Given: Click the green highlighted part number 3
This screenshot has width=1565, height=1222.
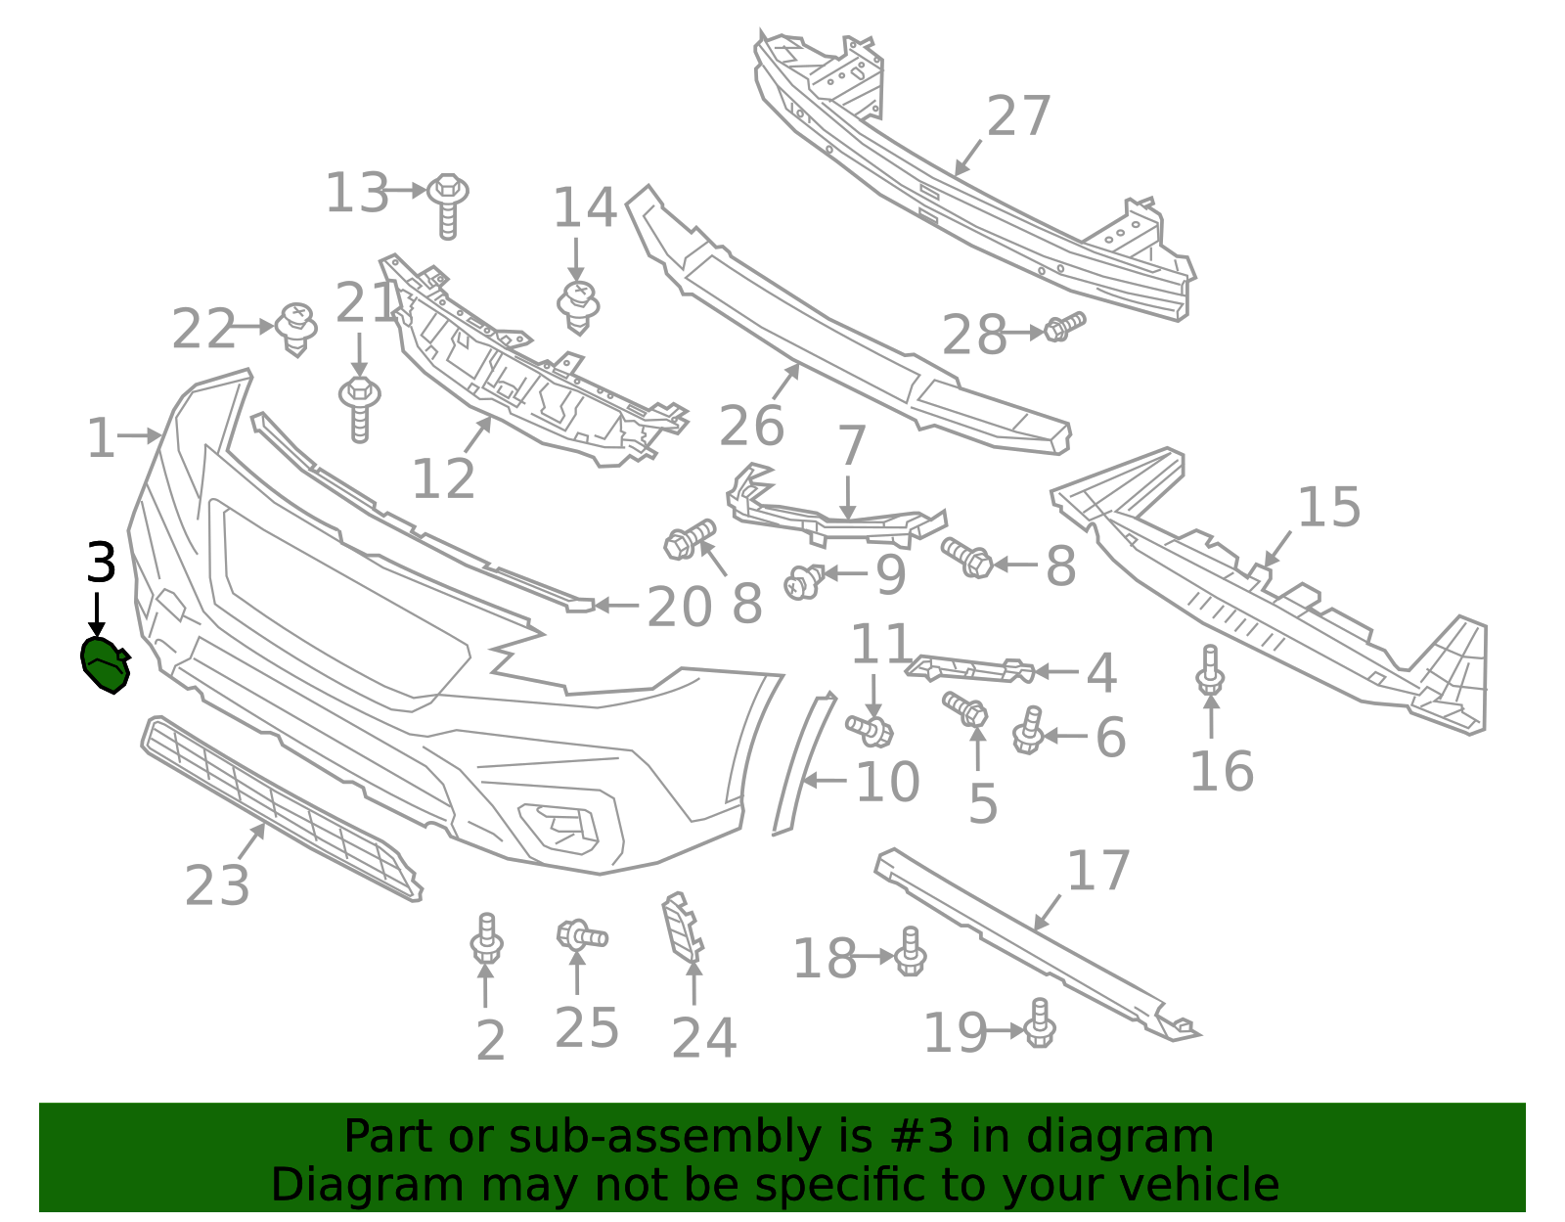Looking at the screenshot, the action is (x=106, y=665).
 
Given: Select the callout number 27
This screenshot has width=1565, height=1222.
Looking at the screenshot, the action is (x=1018, y=116).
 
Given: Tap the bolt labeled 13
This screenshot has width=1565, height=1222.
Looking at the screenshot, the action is (x=447, y=205).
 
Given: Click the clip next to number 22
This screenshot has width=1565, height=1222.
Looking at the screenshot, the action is (x=296, y=330).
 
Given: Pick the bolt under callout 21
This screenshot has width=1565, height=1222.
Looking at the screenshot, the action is (x=359, y=409).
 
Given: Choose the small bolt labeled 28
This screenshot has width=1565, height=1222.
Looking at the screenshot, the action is (x=1064, y=327).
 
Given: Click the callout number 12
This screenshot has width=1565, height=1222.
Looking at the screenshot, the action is (x=444, y=478).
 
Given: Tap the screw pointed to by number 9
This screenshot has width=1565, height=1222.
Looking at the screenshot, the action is (x=804, y=582).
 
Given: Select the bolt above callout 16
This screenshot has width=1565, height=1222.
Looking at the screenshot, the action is (x=1211, y=669).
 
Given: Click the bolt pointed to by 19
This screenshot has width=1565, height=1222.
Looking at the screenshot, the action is (x=1039, y=1022).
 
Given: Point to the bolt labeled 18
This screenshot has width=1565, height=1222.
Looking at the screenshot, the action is (x=911, y=951).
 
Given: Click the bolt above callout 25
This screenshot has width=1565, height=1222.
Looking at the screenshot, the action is (x=582, y=936).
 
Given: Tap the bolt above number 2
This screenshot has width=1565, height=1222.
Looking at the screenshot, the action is (x=487, y=938).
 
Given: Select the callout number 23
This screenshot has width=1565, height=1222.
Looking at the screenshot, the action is (x=217, y=885).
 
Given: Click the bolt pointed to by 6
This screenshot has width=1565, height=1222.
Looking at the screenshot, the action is (x=1028, y=730).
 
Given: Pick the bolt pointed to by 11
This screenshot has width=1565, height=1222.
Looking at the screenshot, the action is (x=870, y=731).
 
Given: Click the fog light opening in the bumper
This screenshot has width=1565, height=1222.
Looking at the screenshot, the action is (x=559, y=828).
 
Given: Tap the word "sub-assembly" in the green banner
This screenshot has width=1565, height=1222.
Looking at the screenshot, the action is (x=665, y=1136).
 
